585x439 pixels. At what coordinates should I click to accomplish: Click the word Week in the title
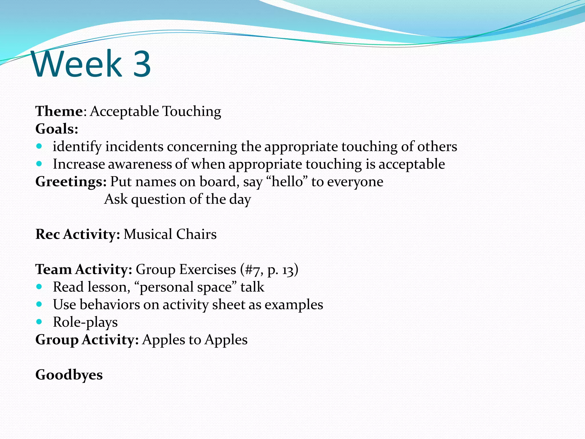tap(77, 64)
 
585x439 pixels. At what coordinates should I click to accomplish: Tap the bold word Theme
tap(59, 111)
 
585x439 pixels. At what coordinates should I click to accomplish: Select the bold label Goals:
tap(57, 129)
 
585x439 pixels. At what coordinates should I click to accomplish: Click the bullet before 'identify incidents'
tap(39, 146)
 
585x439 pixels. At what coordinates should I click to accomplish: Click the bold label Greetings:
tap(71, 182)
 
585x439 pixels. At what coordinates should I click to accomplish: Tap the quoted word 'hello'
tap(287, 182)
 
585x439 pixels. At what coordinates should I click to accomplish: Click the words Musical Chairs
tap(170, 234)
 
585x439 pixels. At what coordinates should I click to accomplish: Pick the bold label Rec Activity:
tap(77, 234)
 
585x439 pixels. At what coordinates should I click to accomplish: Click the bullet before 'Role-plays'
tap(39, 322)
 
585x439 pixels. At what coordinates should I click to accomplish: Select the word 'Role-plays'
tap(85, 322)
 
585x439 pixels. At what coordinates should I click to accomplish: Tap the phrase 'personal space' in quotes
tap(185, 287)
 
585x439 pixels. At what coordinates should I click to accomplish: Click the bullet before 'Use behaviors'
tap(39, 304)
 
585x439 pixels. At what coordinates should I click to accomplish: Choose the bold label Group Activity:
tap(87, 340)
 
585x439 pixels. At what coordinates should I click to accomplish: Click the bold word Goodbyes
tap(69, 375)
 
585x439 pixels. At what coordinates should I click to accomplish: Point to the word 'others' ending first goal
tap(437, 147)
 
